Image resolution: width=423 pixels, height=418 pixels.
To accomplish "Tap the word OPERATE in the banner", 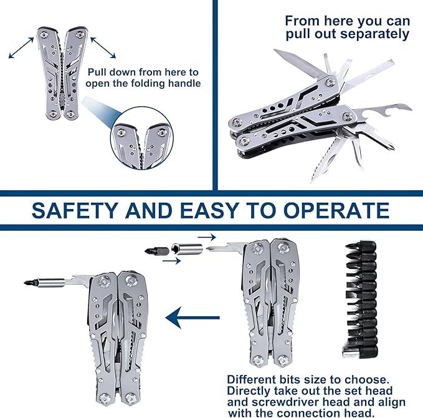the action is (x=336, y=210).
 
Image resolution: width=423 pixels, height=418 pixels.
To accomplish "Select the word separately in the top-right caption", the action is (x=374, y=35).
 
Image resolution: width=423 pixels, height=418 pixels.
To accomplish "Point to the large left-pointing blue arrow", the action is (x=192, y=318).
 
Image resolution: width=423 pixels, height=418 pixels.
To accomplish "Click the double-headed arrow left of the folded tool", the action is (x=21, y=48).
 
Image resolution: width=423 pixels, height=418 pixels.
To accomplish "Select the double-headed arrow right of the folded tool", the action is (x=103, y=48).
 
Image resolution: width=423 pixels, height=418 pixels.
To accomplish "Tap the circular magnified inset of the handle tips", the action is (x=141, y=139).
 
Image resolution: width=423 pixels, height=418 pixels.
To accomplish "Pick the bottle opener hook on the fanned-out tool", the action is (x=383, y=111).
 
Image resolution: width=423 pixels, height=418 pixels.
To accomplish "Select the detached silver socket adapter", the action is (x=187, y=249).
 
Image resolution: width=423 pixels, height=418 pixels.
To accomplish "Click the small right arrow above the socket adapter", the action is (x=207, y=237).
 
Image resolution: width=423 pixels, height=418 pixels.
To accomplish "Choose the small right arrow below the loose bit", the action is (x=171, y=261).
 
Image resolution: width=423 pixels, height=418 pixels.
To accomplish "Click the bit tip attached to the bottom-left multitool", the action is (x=30, y=283).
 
